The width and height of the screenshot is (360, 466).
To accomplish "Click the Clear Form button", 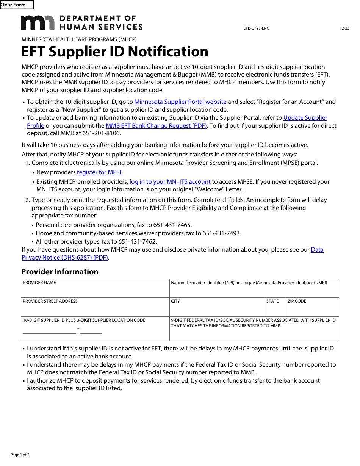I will [16, 5].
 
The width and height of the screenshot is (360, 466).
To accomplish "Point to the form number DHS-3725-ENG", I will [256, 28].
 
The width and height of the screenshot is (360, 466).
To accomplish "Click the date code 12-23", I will [344, 28].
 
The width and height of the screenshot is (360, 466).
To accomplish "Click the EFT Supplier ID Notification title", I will [114, 52].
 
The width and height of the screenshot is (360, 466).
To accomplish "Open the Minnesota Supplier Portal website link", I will [180, 102].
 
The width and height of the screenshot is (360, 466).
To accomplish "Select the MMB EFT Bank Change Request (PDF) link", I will [156, 126].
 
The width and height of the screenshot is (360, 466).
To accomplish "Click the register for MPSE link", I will [100, 172].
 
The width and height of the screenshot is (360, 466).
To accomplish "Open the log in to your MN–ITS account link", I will [170, 182].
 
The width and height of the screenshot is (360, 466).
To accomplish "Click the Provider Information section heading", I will [60, 272].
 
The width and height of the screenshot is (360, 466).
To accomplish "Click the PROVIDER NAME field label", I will [39, 283].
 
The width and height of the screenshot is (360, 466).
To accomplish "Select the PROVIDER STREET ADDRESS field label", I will [50, 302].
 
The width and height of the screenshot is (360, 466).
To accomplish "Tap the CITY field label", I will [175, 302].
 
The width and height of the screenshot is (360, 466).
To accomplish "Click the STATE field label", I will [272, 302].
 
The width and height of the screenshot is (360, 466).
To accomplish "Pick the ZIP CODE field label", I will [297, 302].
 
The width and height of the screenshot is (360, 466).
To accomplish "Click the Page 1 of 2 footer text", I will [20, 455].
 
